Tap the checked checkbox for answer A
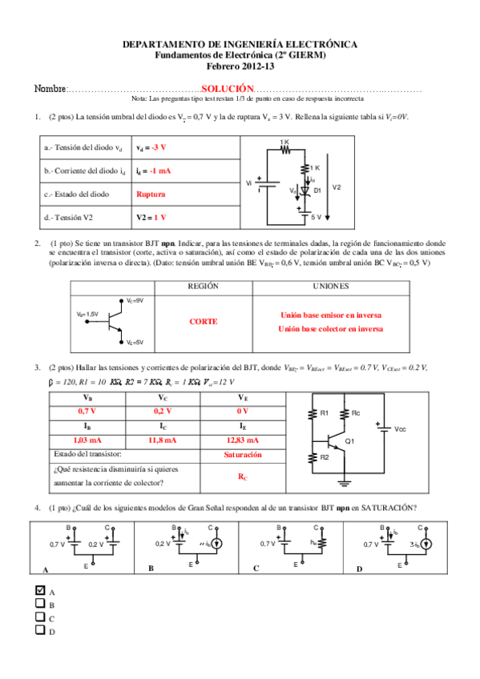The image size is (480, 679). coord(40,590)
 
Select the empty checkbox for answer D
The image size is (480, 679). coord(40,630)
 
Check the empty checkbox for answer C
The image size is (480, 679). coord(40,617)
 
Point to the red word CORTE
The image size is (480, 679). coord(203,321)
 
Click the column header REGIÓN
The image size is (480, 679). coord(203,285)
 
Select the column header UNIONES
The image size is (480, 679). coord(329,285)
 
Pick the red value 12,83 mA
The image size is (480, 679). coord(242,440)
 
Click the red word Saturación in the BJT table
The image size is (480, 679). coord(242,454)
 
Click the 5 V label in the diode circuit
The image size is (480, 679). coord(317,217)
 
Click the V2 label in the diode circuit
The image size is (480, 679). coord(336,187)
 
